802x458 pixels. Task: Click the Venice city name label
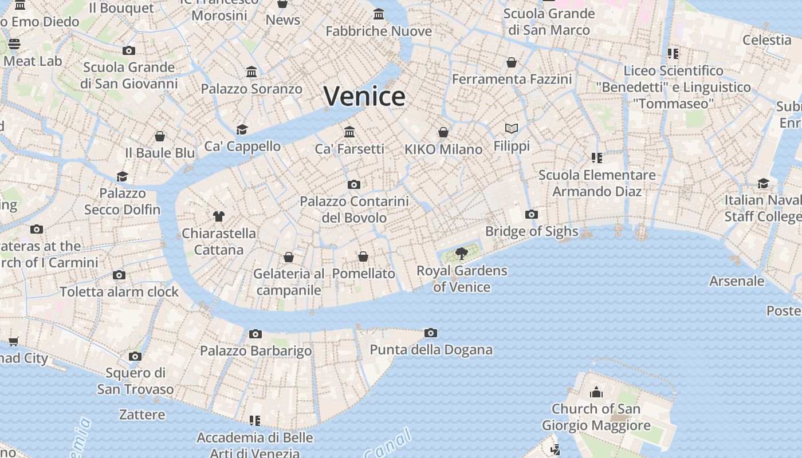(364, 96)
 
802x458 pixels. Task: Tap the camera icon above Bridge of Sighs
(531, 215)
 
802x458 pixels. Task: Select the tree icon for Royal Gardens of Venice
(461, 253)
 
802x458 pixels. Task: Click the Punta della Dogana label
(431, 350)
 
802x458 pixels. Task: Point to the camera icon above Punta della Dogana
(431, 333)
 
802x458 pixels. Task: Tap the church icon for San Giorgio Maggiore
(596, 393)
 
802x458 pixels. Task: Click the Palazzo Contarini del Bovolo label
(354, 210)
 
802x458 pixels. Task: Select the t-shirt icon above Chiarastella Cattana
(218, 216)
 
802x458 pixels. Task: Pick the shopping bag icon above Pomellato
(363, 256)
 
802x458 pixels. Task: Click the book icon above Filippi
(512, 129)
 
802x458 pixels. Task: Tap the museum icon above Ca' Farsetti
(349, 132)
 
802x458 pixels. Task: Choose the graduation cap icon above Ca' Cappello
(242, 129)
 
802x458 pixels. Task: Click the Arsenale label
(737, 281)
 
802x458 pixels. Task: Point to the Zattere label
(142, 414)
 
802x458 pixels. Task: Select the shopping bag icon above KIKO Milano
(443, 132)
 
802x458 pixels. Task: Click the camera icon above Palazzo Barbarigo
(255, 334)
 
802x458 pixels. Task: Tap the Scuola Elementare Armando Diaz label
(597, 183)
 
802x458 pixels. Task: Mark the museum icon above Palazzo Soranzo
(251, 72)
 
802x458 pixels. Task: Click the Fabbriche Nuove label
(379, 31)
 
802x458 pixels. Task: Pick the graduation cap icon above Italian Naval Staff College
(763, 183)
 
